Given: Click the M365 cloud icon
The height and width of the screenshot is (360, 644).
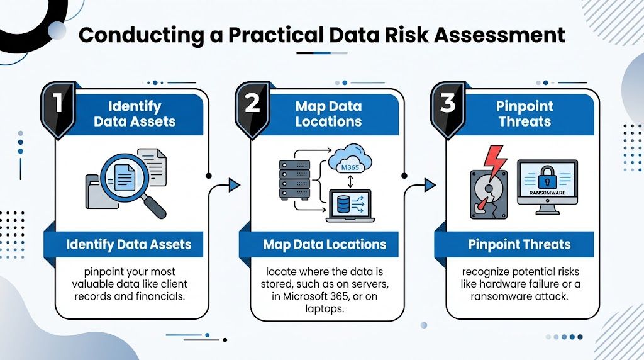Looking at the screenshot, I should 348,163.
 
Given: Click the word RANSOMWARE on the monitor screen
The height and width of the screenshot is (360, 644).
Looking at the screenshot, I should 547,193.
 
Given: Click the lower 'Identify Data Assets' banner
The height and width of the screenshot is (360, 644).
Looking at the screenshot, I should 129,244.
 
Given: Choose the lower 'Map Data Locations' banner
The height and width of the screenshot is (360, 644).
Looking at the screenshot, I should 325,244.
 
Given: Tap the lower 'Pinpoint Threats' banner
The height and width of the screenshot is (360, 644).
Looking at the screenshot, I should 519,244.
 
